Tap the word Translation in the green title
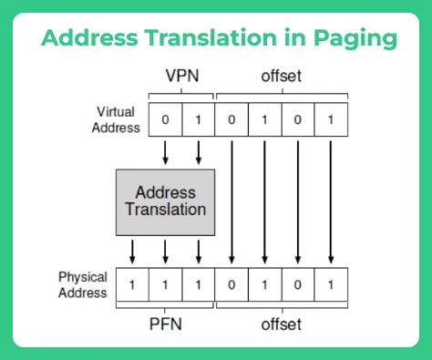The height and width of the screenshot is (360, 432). tap(212, 39)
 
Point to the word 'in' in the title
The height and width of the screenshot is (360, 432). tap(289, 39)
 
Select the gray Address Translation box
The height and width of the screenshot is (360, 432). tap(165, 201)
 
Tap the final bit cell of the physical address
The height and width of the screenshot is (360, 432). tap(331, 284)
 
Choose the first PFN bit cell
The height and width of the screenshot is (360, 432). tap(132, 284)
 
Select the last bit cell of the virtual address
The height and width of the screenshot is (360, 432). tap(331, 118)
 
